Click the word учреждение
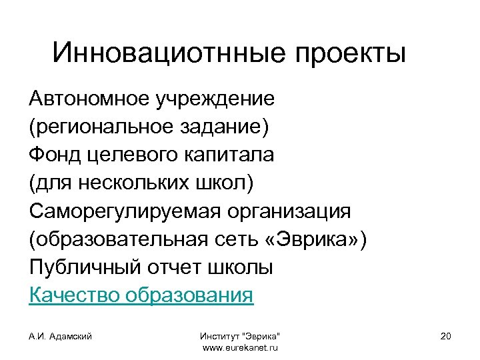tap(215, 99)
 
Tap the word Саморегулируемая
tap(124, 211)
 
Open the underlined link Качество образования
tap(141, 295)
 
